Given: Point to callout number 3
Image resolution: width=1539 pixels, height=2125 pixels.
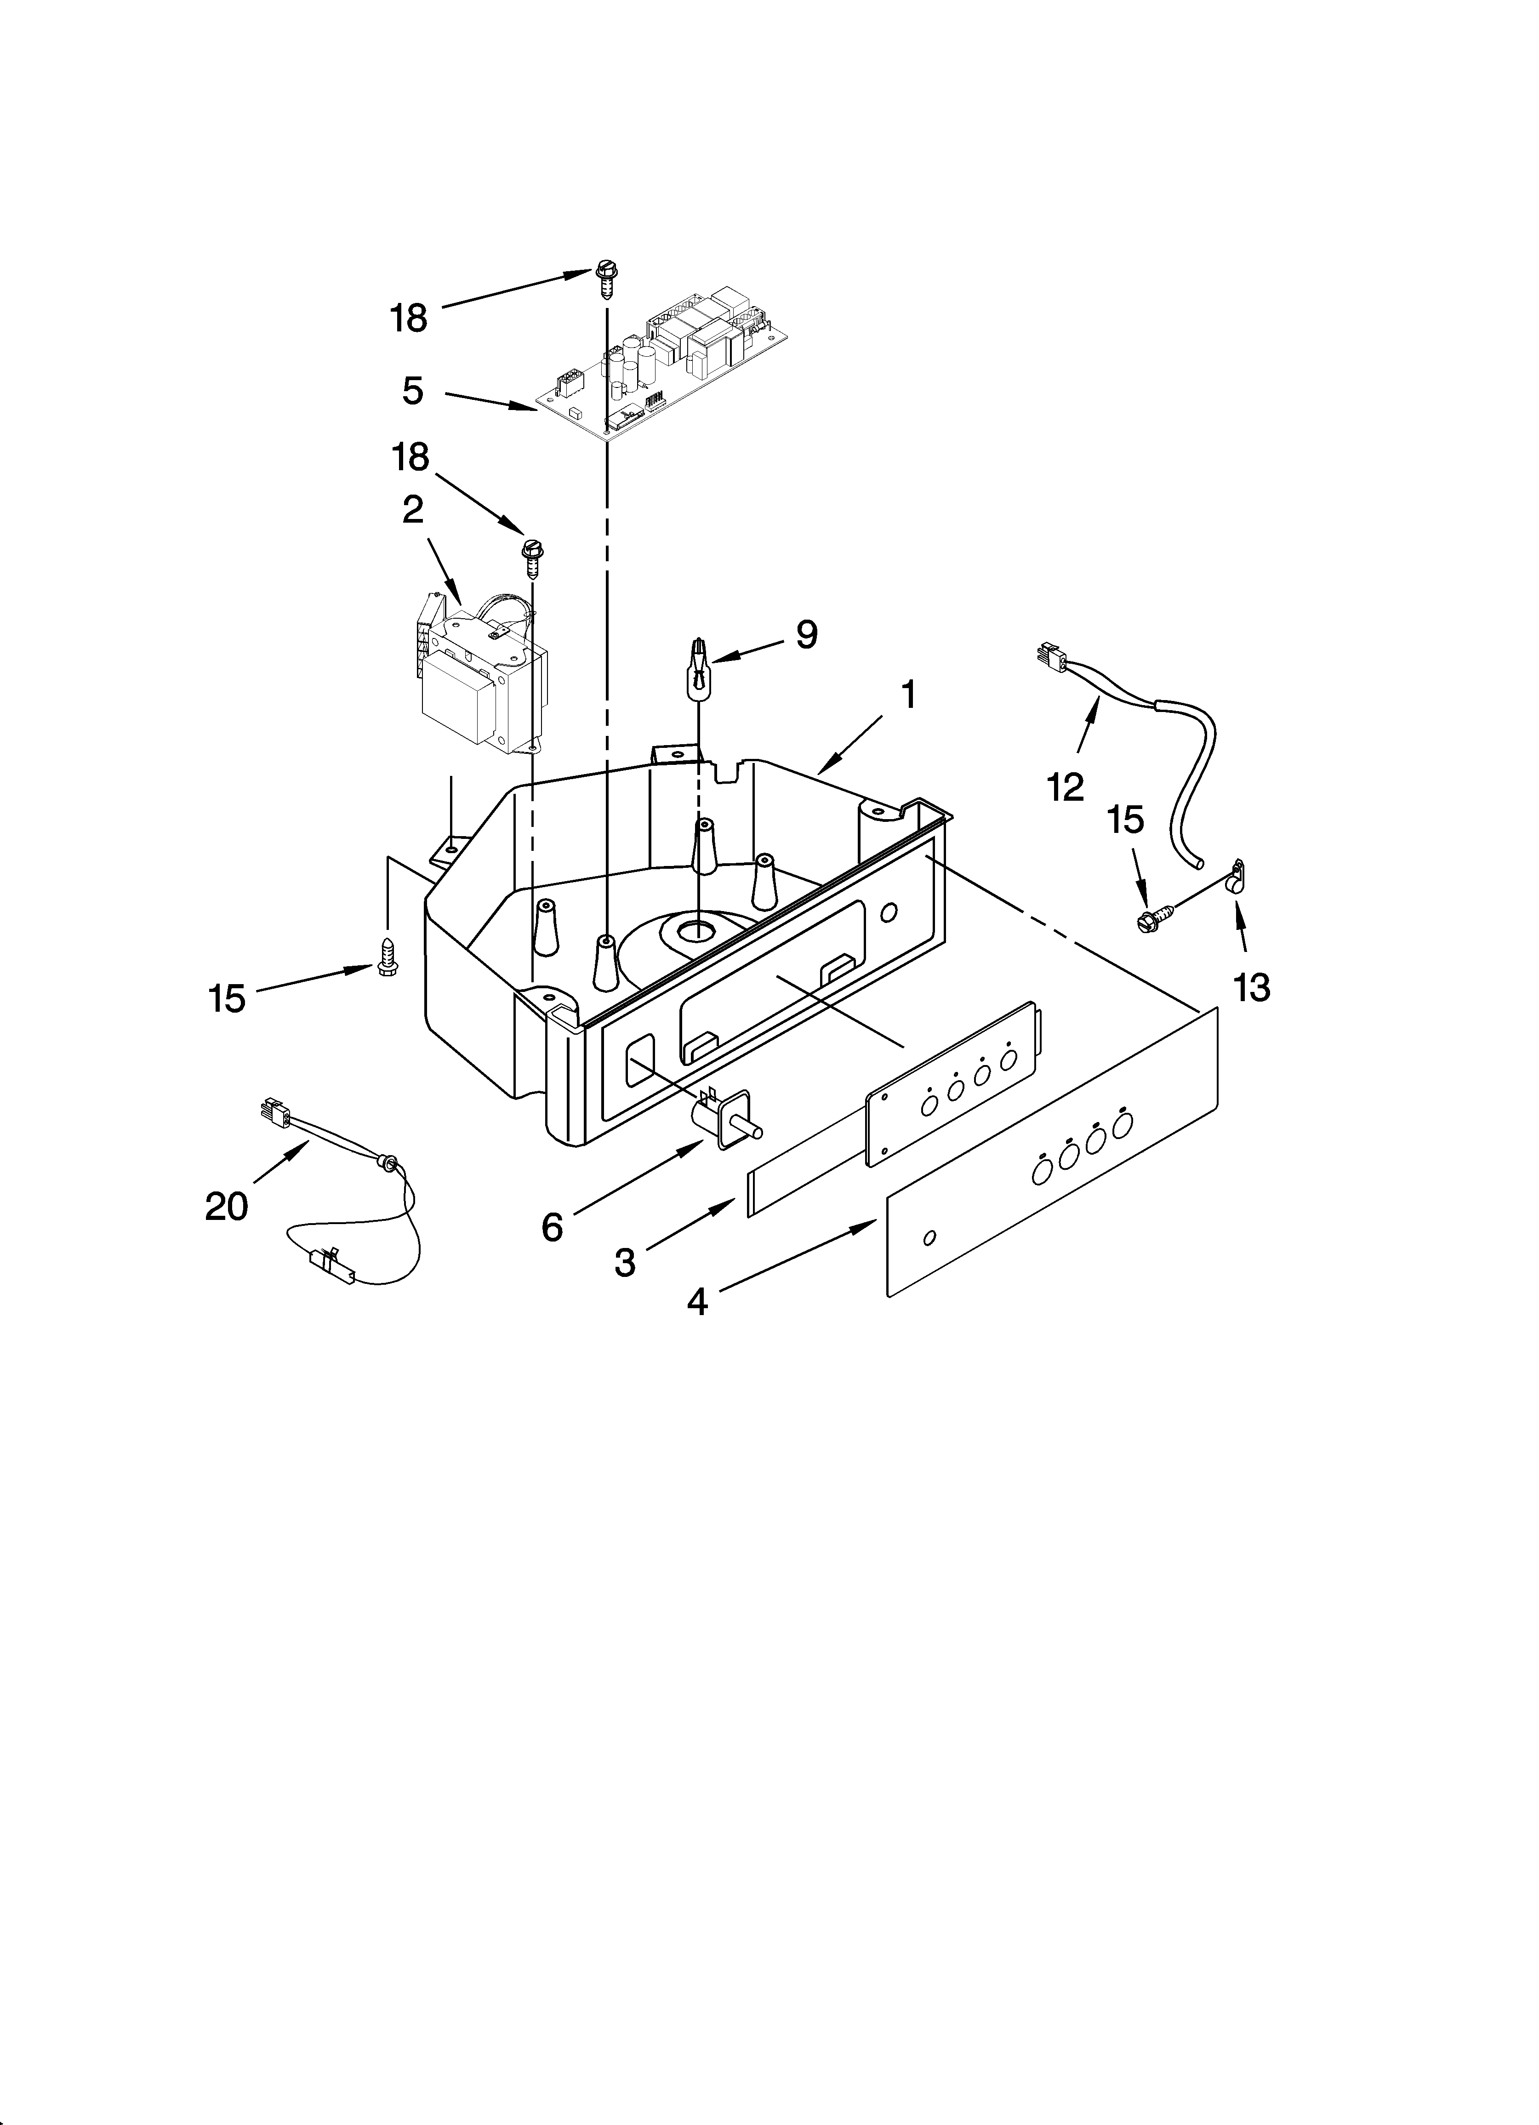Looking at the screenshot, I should coord(624,1262).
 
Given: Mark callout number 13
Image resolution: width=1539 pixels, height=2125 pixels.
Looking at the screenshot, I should coord(1251,986).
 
